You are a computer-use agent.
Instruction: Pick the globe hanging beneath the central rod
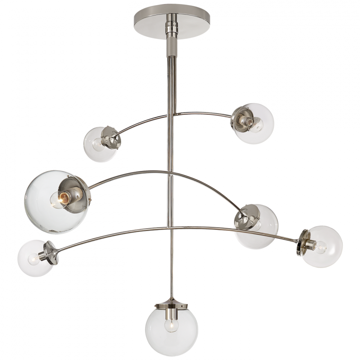[x=171, y=329]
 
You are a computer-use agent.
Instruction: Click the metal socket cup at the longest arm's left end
[x=51, y=253]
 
